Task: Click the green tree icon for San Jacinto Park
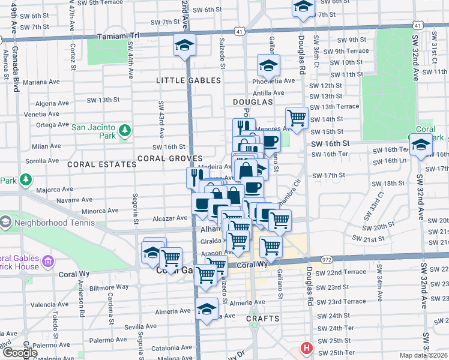tap(124, 131)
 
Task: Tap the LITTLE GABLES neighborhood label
tap(188, 80)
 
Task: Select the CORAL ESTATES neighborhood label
tap(102, 164)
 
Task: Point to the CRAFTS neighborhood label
tap(262, 319)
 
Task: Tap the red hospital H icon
tap(307, 348)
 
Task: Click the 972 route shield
tap(326, 260)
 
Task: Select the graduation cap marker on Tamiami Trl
tap(185, 45)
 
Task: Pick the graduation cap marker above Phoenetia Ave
tap(268, 65)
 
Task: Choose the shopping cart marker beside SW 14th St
tap(297, 118)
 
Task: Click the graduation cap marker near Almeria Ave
tap(206, 310)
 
